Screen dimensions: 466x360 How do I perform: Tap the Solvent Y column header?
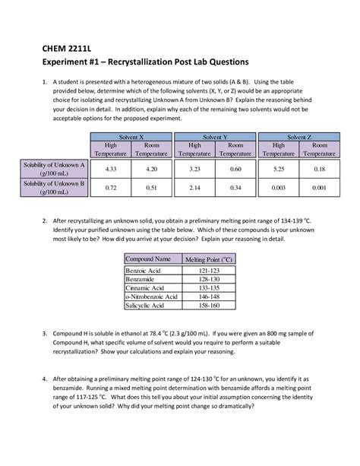tap(215, 138)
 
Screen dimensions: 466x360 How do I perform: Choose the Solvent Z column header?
tap(298, 138)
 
